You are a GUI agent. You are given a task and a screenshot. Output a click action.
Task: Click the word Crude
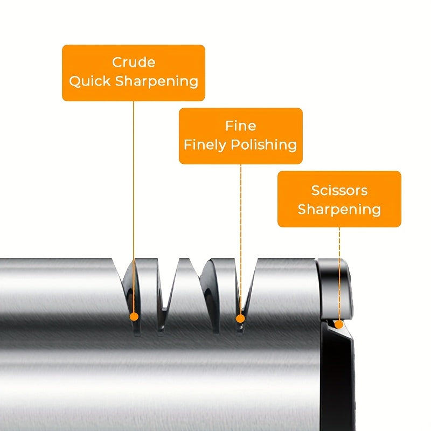click(134, 62)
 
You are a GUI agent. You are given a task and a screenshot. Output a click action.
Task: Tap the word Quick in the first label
click(89, 81)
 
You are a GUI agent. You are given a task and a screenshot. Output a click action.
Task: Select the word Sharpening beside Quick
click(157, 81)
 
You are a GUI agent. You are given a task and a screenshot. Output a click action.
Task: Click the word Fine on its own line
click(240, 126)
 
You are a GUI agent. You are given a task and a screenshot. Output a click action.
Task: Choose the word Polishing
click(264, 145)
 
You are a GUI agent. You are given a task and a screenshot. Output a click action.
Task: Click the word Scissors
click(339, 190)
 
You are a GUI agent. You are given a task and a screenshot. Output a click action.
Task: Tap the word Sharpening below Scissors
click(339, 210)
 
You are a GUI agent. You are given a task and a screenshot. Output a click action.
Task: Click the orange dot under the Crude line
click(134, 316)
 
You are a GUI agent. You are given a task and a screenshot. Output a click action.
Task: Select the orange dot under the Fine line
click(240, 318)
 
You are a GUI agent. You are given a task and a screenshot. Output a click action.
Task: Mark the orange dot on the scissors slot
click(339, 324)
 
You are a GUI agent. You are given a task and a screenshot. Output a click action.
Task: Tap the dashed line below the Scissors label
click(339, 274)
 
